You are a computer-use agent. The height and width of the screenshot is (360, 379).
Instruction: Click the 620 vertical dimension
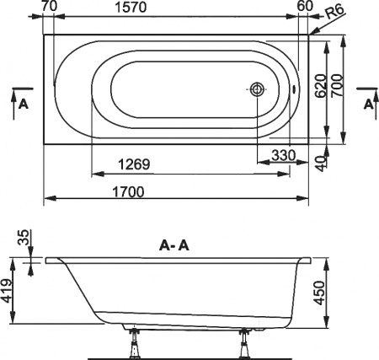[x=319, y=85]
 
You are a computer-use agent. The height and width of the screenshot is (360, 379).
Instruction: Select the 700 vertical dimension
[x=339, y=87]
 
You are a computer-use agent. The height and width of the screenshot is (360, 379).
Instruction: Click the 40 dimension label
[x=319, y=162]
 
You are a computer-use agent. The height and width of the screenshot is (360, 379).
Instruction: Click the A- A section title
[x=175, y=246]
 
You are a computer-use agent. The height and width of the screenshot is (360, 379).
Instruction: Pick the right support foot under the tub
[x=246, y=344]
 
